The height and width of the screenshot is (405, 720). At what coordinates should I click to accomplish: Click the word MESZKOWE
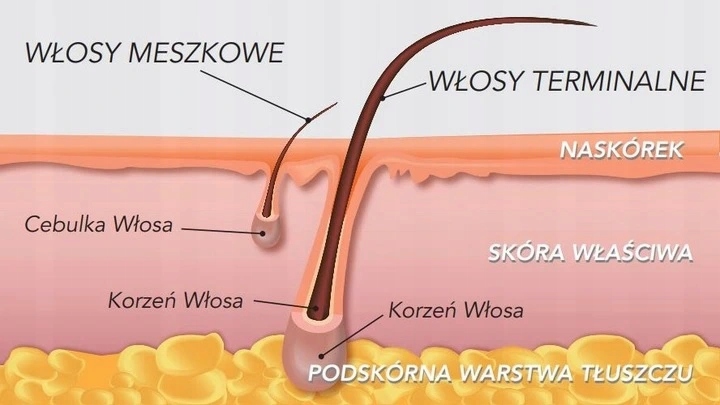pyautogui.click(x=206, y=52)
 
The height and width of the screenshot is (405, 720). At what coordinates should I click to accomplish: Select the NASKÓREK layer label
pyautogui.click(x=622, y=150)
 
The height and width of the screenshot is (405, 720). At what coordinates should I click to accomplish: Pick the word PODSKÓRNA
pyautogui.click(x=380, y=373)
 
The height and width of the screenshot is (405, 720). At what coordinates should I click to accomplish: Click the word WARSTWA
pyautogui.click(x=516, y=373)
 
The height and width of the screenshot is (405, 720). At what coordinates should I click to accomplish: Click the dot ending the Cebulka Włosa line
pyautogui.click(x=262, y=233)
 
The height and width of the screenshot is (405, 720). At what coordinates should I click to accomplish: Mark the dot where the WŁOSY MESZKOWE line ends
pyautogui.click(x=309, y=120)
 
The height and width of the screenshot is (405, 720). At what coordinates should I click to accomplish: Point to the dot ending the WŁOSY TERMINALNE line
pyautogui.click(x=382, y=98)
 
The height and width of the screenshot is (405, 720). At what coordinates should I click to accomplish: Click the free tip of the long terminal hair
pyautogui.click(x=595, y=25)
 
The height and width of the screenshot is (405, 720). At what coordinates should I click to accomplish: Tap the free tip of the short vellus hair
pyautogui.click(x=337, y=103)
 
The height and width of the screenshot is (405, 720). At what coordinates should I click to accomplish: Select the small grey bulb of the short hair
pyautogui.click(x=265, y=231)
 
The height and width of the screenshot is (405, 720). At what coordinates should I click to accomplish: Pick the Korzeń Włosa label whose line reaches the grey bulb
pyautogui.click(x=456, y=310)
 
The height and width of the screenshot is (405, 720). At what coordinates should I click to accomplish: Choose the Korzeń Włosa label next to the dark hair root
pyautogui.click(x=175, y=301)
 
